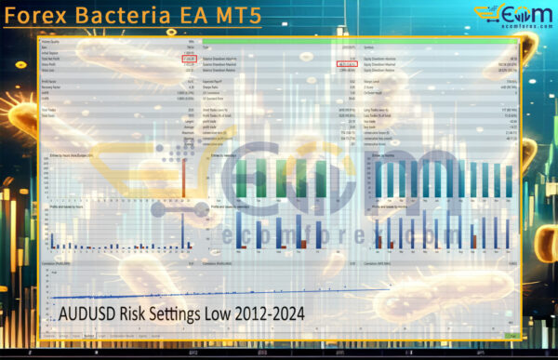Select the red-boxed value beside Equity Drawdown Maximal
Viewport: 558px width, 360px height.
point(347,64)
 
